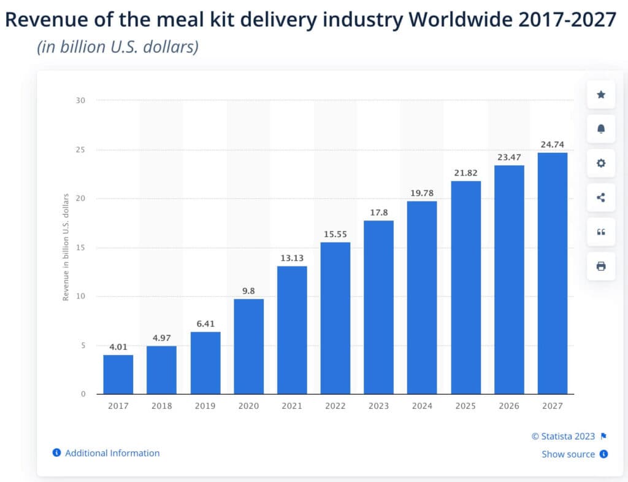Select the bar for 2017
(118, 375)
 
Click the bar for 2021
(292, 330)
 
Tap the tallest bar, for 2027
(553, 273)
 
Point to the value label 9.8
(248, 290)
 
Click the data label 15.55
(335, 234)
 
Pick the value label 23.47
(509, 157)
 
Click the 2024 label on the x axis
(422, 406)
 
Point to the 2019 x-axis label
(205, 406)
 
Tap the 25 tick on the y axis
(80, 150)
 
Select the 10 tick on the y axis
(80, 296)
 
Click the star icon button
(601, 95)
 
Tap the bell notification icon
(601, 129)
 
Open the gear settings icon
(601, 163)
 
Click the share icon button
(601, 197)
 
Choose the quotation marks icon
(601, 231)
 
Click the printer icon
(601, 266)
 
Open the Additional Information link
(112, 453)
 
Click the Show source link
(568, 454)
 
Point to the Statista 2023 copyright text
(563, 437)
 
